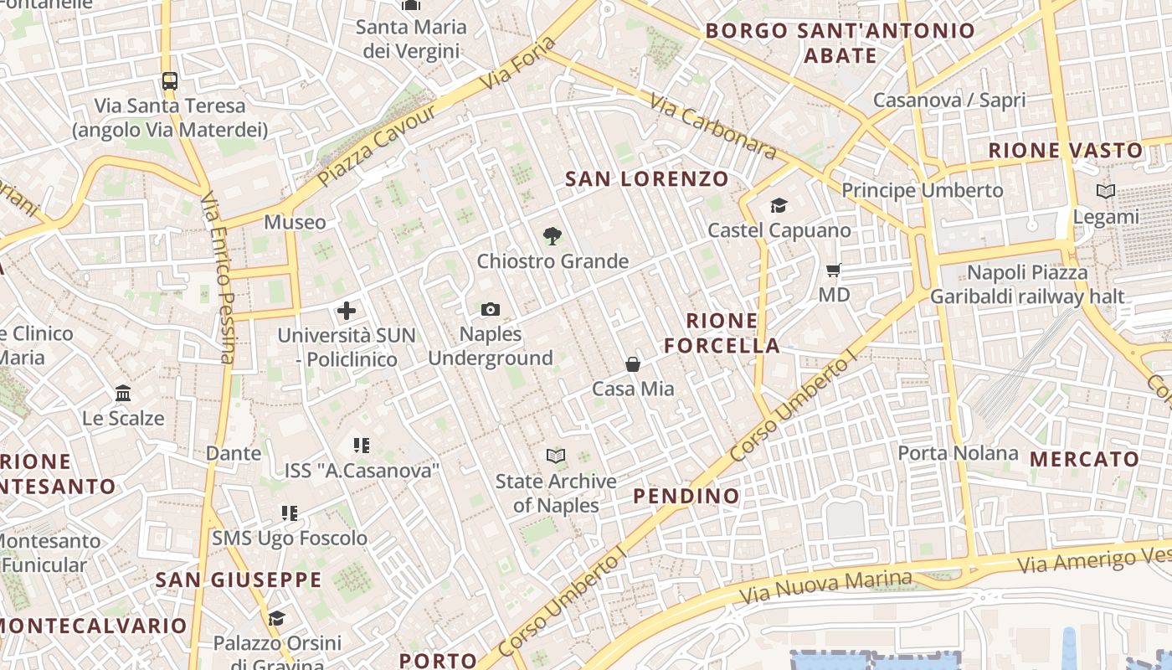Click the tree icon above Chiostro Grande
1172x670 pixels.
(552, 236)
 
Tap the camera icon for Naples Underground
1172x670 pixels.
(491, 310)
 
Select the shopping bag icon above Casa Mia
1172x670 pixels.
(633, 364)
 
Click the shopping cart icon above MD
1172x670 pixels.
(833, 270)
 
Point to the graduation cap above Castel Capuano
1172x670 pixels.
(779, 205)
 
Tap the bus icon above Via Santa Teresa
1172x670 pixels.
(170, 81)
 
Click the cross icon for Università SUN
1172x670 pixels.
(347, 312)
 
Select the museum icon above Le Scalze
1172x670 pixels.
(123, 393)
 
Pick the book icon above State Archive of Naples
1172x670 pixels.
(556, 456)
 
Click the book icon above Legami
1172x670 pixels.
(1106, 192)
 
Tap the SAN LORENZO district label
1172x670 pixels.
(647, 179)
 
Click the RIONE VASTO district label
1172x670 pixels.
(1066, 151)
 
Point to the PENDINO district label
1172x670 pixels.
(686, 496)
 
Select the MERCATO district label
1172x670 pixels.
(1084, 459)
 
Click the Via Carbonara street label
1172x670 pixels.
(713, 126)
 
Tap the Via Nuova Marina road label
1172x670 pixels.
(825, 587)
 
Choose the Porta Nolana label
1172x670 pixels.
(958, 454)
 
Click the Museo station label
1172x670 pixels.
(295, 223)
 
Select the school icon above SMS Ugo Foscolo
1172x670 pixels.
(290, 513)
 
